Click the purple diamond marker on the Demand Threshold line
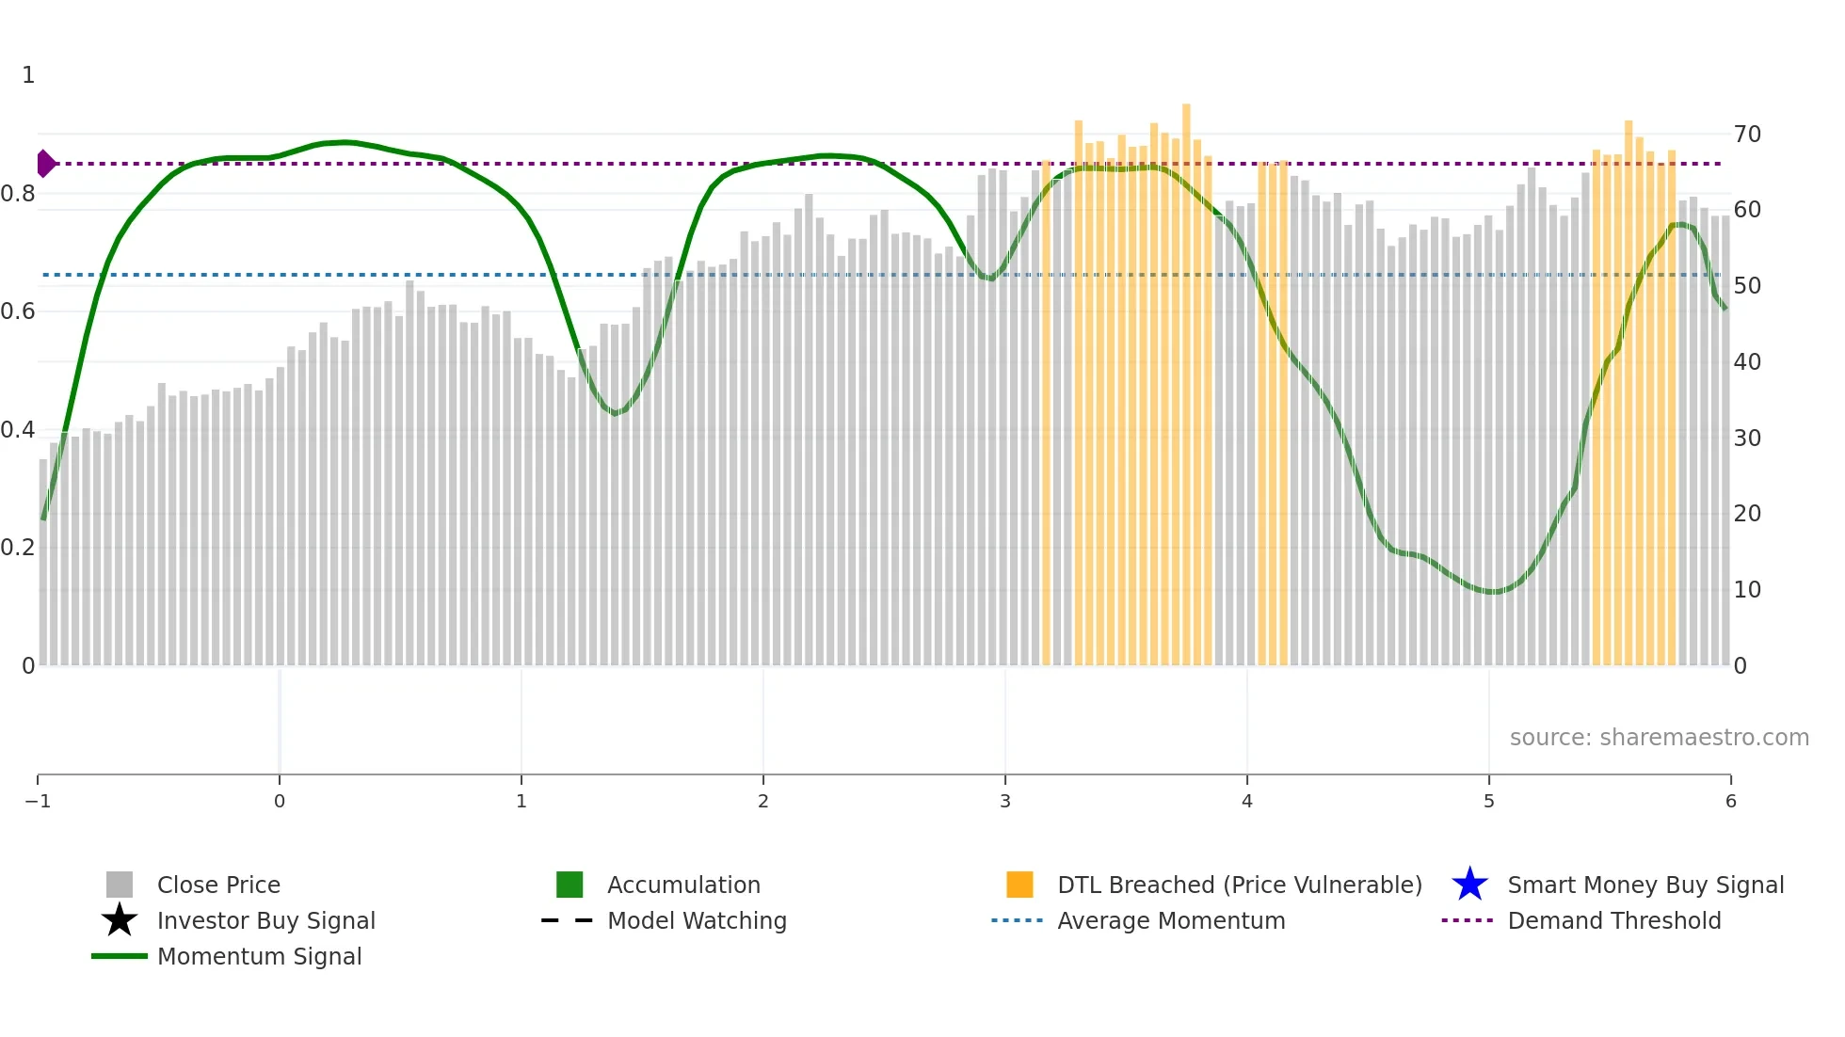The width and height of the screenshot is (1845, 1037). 45,164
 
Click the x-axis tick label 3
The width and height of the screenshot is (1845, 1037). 1005,802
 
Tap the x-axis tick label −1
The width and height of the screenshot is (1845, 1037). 38,802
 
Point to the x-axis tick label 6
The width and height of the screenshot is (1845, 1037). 1731,802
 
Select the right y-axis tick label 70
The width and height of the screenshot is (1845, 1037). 1747,135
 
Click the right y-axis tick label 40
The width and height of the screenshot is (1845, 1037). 1747,362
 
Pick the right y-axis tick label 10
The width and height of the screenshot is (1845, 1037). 1747,590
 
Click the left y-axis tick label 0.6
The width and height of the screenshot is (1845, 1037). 18,311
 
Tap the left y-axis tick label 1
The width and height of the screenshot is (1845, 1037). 28,75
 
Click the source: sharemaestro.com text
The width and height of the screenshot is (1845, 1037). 1659,738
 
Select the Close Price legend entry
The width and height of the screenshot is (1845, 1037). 218,885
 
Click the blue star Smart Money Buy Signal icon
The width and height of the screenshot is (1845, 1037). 1469,885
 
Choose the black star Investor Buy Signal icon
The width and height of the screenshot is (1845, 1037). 120,920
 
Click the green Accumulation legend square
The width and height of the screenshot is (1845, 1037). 570,885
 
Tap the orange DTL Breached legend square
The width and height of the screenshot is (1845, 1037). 1019,885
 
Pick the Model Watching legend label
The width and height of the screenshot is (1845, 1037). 697,921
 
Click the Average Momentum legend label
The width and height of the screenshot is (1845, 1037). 1171,921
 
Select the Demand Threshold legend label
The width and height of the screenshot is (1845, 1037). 1613,921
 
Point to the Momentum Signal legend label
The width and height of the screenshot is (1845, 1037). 259,957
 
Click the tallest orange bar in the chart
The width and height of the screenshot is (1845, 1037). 1186,376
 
